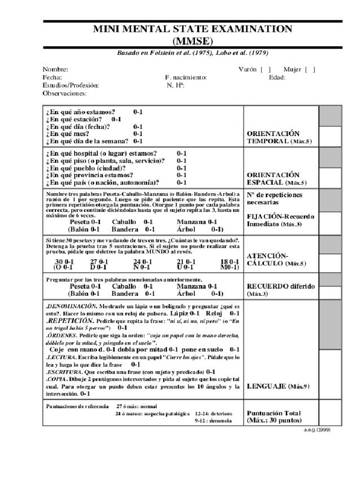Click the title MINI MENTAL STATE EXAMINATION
(192, 29)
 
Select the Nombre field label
(55, 69)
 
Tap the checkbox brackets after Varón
(265, 69)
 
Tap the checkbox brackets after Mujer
(310, 69)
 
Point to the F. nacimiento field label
(186, 77)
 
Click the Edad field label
(277, 77)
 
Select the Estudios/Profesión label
(71, 85)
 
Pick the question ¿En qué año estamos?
(81, 112)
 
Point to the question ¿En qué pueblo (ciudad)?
(86, 168)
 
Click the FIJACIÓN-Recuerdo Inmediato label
(280, 220)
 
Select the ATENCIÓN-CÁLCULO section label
(276, 259)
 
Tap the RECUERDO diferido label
(280, 287)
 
